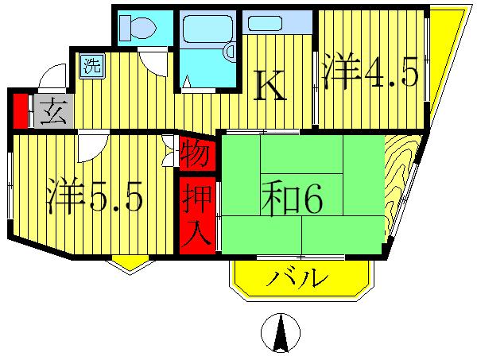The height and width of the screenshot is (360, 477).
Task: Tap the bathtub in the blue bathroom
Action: [x=207, y=31]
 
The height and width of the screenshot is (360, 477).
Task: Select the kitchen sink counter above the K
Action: [x=277, y=22]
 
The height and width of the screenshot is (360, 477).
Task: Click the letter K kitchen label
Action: [x=270, y=86]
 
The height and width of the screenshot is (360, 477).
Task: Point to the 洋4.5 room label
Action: [x=370, y=74]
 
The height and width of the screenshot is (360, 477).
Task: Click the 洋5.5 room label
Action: [x=94, y=198]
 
